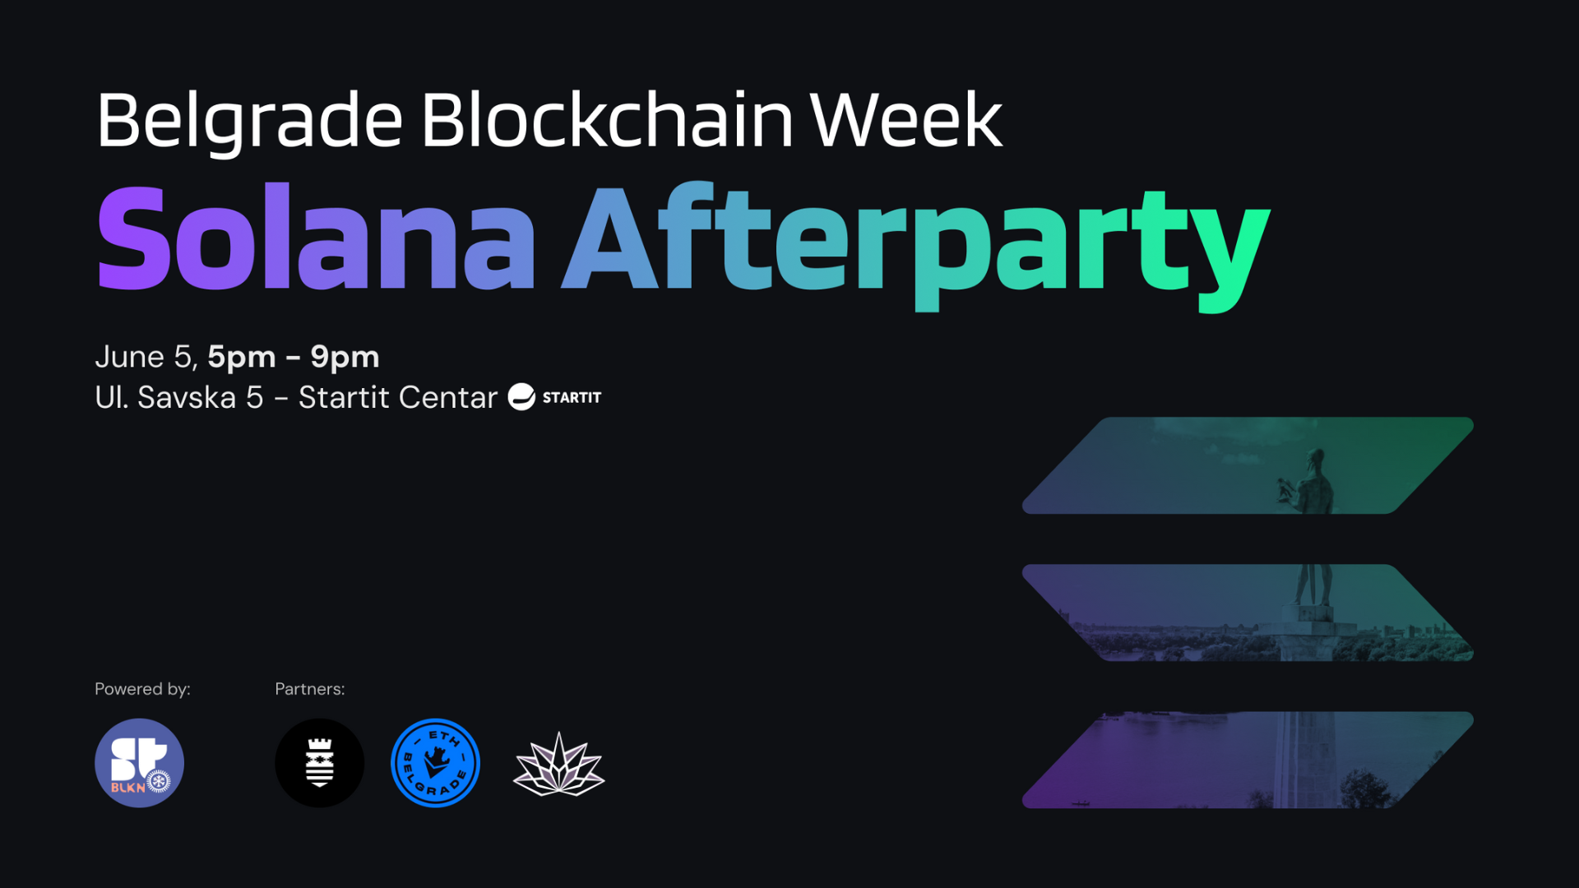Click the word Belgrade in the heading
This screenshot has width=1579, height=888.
[249, 121]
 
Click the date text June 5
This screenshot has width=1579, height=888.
[145, 357]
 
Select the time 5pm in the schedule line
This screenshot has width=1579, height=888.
[241, 357]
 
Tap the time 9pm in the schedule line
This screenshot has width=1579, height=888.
[345, 357]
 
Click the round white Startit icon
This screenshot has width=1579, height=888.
[521, 397]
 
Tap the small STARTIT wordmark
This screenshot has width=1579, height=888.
[572, 398]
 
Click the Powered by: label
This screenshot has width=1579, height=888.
[142, 689]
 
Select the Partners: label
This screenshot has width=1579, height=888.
[310, 689]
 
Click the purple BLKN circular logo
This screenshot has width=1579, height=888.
[139, 763]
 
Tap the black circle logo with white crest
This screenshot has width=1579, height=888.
[319, 763]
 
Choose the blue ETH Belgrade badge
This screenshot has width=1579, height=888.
[435, 763]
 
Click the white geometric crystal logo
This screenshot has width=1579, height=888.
[559, 765]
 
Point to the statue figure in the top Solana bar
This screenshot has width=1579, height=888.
[1312, 481]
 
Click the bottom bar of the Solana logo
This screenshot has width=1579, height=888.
[1247, 760]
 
